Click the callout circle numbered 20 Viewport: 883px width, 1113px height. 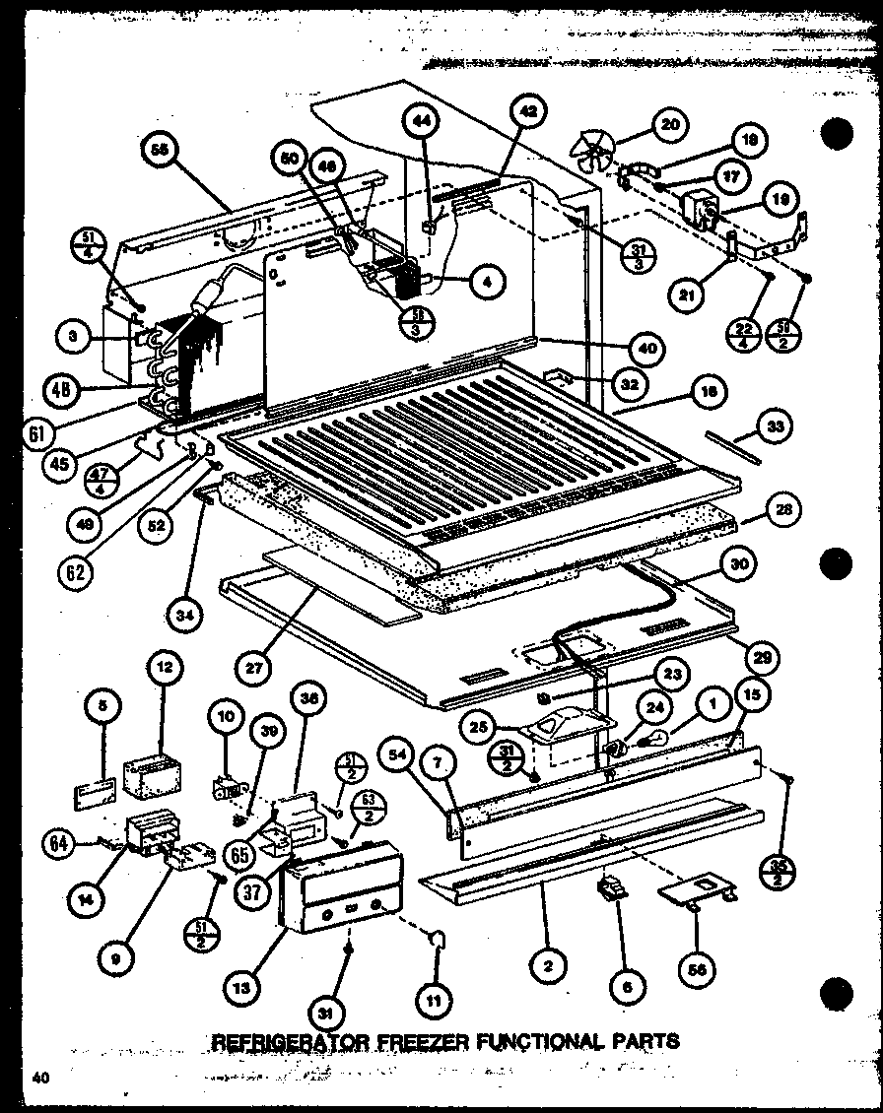[669, 124]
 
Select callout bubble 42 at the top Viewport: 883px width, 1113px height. [527, 112]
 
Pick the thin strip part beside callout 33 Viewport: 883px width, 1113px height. [731, 445]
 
